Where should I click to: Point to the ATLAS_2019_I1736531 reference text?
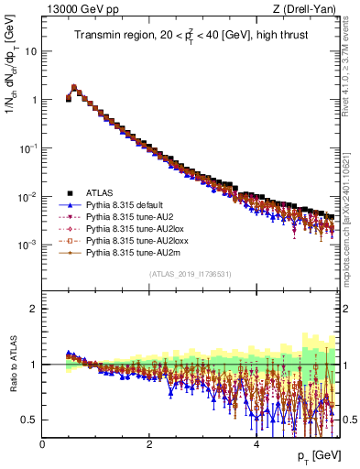pos(191,274)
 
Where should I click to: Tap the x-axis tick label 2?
pos(149,444)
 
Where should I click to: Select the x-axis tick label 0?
pos(42,444)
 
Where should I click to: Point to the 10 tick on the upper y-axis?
pos(29,51)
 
